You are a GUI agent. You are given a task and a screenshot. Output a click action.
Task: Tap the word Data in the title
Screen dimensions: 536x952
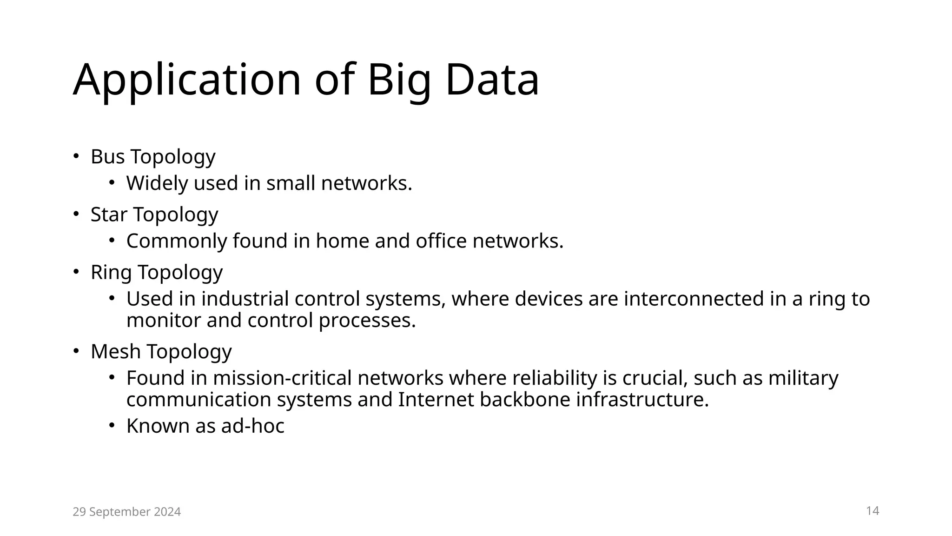(492, 80)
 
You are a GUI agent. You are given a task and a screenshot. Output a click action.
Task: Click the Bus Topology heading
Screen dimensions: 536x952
(153, 157)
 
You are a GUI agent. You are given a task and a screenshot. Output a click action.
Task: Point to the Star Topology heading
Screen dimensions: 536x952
(154, 214)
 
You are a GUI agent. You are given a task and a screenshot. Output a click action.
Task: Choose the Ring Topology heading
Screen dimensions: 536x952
(157, 272)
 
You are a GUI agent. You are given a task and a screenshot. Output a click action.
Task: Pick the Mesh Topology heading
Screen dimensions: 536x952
(161, 351)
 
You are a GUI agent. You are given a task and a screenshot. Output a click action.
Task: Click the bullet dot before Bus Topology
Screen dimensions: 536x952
(76, 156)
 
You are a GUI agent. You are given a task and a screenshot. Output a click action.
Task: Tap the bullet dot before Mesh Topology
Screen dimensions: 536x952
(76, 351)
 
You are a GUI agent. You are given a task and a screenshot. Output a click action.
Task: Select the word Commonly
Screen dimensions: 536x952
(176, 241)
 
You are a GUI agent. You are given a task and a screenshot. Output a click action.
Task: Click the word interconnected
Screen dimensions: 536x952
(694, 299)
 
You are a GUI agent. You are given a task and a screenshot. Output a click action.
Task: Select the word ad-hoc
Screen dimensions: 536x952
(252, 426)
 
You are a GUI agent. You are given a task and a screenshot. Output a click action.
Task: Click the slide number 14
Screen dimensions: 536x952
(873, 511)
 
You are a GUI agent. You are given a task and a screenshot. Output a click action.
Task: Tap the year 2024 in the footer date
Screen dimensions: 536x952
(167, 512)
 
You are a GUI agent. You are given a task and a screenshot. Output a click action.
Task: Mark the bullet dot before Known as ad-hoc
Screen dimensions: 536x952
(112, 425)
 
